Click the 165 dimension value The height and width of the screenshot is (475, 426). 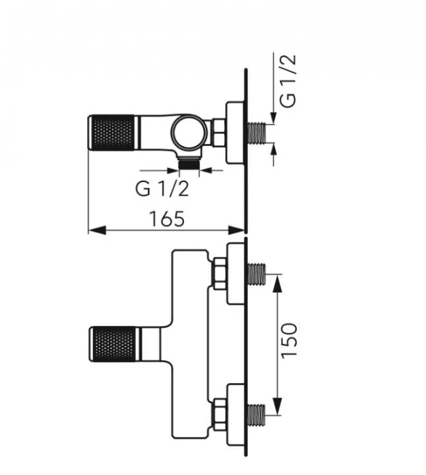pos(166,218)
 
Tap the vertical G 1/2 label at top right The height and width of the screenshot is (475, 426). pos(288,80)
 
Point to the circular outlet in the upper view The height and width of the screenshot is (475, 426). pos(189,132)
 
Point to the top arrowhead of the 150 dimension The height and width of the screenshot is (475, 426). pos(278,280)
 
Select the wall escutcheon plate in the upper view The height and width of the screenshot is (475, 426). pos(235,133)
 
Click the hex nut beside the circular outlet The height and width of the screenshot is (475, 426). pos(217,133)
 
